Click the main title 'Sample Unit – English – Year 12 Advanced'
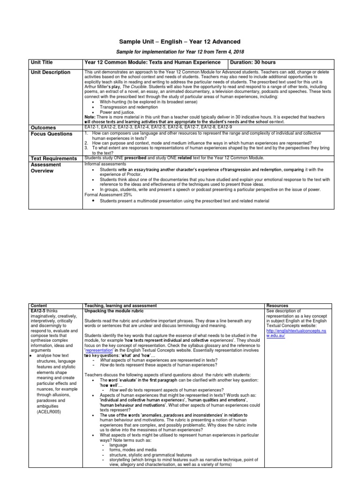180,42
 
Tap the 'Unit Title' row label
41,62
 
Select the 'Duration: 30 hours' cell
253,62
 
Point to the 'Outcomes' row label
43,127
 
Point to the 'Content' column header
37,306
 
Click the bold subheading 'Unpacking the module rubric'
113,311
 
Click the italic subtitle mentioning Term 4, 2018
180,52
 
